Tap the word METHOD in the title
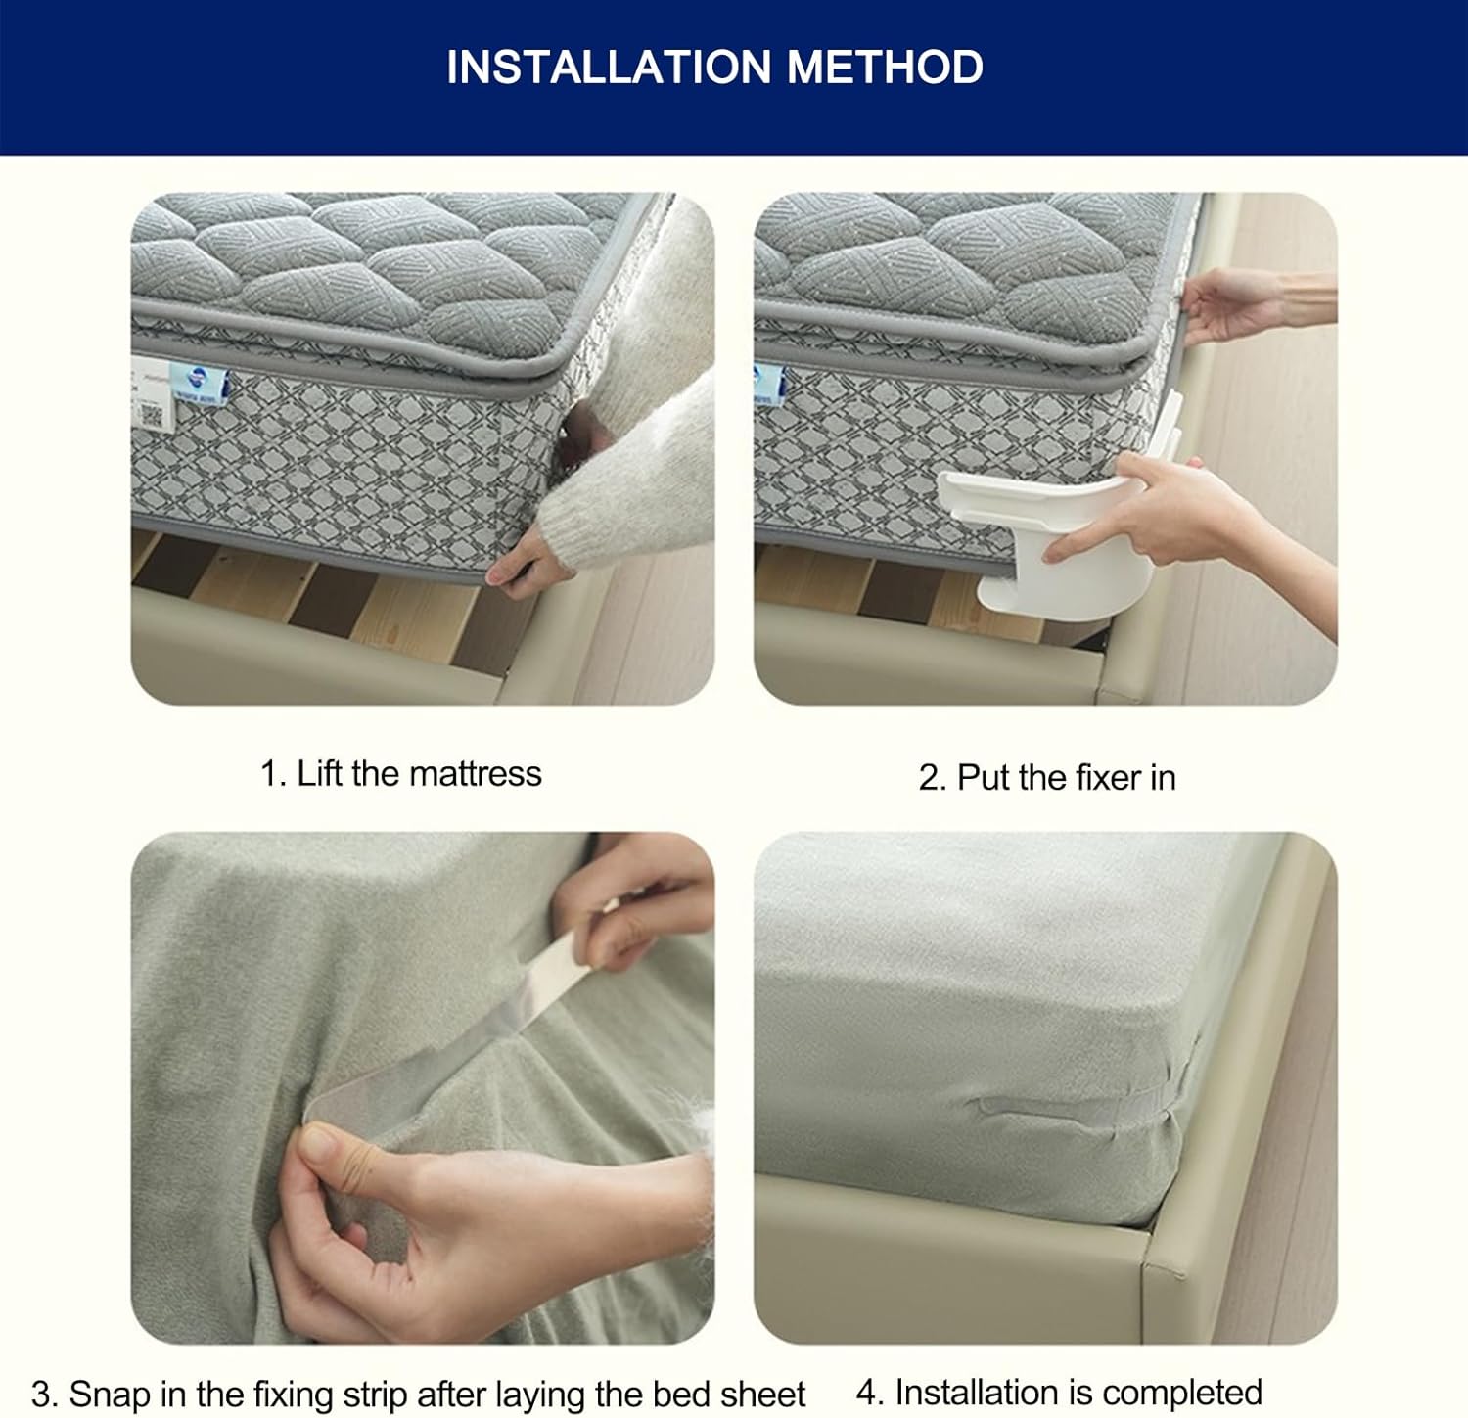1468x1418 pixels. coord(886,67)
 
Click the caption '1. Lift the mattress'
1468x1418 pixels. coord(400,773)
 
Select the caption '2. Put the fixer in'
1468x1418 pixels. coord(1047,777)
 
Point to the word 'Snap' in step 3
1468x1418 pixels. coord(109,1394)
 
